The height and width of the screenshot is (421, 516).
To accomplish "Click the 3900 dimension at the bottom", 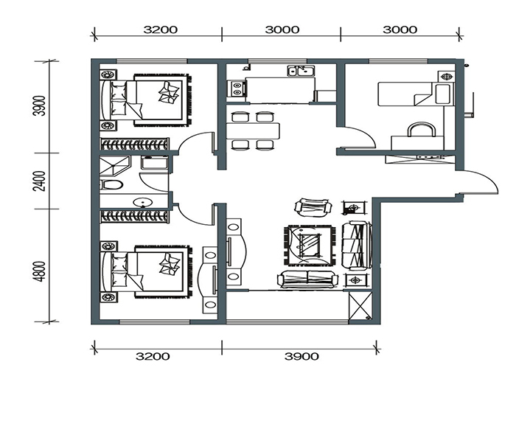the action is (301, 356).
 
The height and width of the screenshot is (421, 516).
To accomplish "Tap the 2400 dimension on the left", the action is (39, 181).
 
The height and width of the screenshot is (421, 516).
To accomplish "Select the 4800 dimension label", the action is (39, 271).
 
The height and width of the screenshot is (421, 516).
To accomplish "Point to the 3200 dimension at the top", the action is (160, 29).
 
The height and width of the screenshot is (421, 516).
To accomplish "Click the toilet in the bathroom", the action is (111, 184).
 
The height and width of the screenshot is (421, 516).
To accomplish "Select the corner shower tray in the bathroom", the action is (115, 166).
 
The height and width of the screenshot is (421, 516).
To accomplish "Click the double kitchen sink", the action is (301, 71).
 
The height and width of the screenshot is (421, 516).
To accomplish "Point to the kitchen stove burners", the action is (237, 88).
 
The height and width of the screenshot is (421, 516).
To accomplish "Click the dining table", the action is (253, 131).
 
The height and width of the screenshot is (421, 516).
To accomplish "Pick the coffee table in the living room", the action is (309, 245).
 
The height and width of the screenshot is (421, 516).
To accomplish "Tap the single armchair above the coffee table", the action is (313, 207).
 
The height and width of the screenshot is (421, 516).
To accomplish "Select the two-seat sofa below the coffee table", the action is (307, 279).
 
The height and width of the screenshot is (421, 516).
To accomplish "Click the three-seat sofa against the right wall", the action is (356, 245).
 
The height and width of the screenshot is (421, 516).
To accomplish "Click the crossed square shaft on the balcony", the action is (360, 305).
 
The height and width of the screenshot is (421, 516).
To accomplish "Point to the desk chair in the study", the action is (422, 129).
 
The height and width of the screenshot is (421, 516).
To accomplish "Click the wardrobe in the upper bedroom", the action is (134, 145).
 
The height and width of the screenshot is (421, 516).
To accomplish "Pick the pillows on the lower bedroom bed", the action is (119, 270).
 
